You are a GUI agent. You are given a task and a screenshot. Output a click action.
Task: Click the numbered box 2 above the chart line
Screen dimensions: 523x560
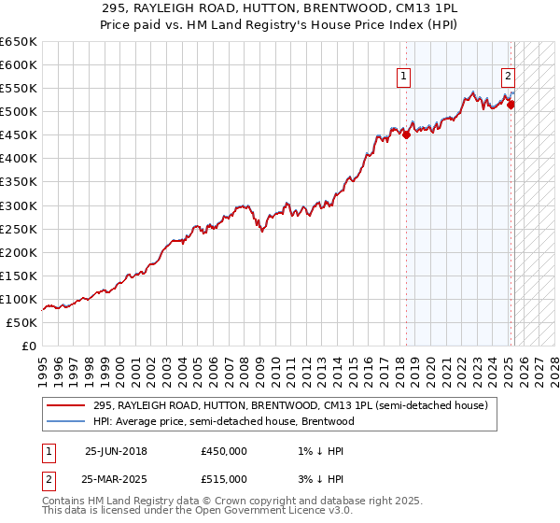(508, 78)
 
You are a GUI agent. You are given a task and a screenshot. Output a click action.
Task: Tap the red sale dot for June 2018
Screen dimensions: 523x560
(407, 134)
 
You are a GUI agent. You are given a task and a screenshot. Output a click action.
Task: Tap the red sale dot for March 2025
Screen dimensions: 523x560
(511, 105)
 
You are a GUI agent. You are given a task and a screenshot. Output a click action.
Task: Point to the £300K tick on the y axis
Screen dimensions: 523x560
(18, 205)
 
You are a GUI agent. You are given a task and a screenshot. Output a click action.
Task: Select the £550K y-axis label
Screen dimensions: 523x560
(18, 89)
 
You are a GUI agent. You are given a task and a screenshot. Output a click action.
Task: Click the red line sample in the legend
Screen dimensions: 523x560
(65, 405)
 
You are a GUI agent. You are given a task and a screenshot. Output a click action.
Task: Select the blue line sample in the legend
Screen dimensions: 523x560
(65, 421)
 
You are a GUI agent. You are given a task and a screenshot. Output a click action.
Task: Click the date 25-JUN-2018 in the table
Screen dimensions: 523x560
(116, 451)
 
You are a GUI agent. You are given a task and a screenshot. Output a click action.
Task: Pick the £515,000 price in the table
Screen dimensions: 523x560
(224, 479)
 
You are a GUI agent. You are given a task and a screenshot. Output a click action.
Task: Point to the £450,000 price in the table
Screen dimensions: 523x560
(224, 451)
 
